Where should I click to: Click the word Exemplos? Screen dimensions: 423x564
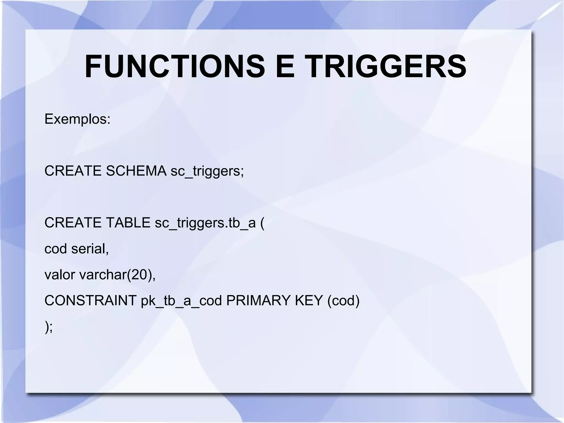(77, 119)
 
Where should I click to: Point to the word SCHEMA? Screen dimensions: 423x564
(136, 171)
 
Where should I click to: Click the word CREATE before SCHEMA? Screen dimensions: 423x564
(73, 171)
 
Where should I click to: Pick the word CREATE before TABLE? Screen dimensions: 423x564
(73, 223)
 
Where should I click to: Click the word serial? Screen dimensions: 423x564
(90, 249)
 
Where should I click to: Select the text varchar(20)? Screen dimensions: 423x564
(117, 275)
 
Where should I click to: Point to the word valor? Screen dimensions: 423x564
(59, 275)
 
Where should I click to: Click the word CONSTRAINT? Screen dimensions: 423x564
(91, 300)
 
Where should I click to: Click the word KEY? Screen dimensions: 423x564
(309, 300)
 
